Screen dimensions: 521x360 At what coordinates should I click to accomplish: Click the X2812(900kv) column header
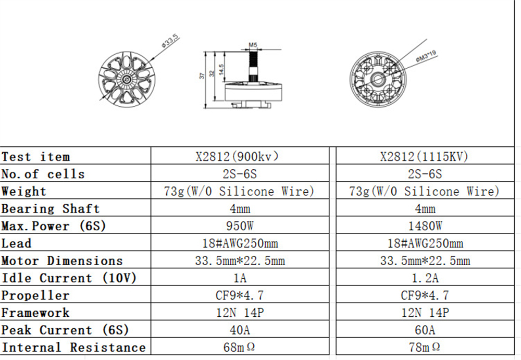pos(237,156)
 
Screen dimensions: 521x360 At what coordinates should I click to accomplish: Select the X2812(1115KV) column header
pos(424,156)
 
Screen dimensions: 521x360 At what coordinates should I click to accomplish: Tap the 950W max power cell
pos(240,226)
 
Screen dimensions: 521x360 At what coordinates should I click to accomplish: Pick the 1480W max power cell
pos(425,226)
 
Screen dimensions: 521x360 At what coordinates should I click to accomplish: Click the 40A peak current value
pos(240,330)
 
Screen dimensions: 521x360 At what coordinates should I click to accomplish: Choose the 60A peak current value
pos(425,330)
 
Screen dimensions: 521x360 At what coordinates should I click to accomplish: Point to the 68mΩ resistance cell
pos(239,347)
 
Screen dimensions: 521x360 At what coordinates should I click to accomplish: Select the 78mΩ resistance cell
pos(425,347)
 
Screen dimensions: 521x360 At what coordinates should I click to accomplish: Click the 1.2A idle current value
pos(425,278)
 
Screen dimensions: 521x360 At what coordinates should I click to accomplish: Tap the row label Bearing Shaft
pos(51,209)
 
